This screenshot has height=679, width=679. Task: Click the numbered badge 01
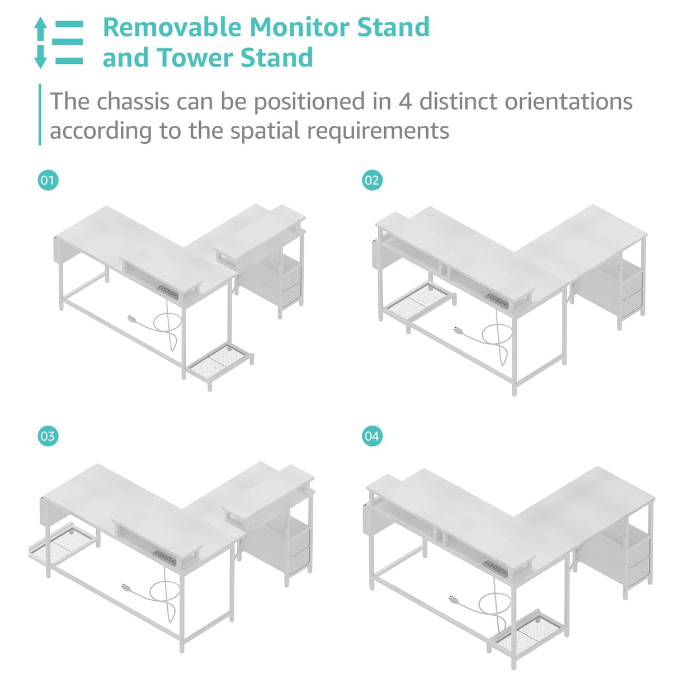click(48, 180)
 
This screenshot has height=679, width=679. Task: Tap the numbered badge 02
click(372, 180)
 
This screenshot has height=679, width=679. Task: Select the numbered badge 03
click(48, 436)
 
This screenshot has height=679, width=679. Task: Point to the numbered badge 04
click(372, 436)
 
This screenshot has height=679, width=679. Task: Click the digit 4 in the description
click(405, 102)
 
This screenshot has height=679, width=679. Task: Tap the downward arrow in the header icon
click(40, 56)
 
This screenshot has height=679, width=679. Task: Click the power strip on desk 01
click(167, 293)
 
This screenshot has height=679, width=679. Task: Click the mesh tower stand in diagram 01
click(219, 365)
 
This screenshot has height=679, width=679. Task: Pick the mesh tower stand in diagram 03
click(63, 544)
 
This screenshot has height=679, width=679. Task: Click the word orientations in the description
click(569, 101)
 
